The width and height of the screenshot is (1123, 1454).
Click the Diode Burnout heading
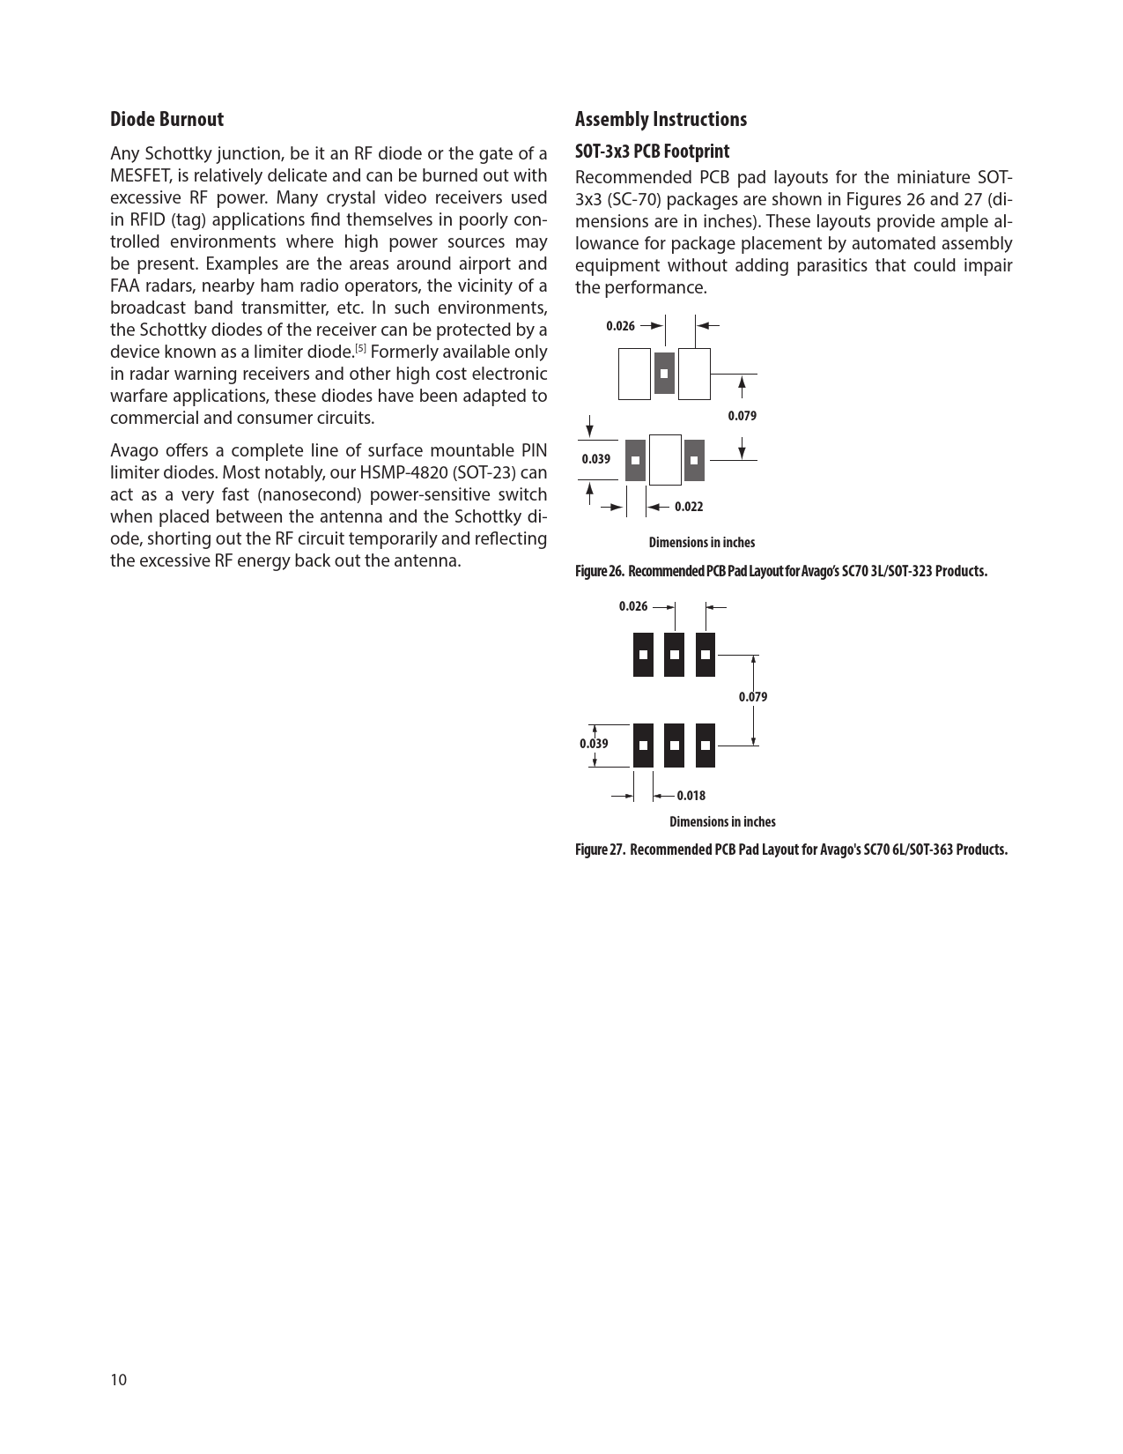166,119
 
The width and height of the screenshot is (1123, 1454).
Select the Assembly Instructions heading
661,119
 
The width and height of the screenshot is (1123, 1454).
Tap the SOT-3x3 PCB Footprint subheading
652,151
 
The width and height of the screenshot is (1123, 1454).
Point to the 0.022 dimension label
689,507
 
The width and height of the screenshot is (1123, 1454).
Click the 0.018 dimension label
691,796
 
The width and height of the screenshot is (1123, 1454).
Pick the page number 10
118,1380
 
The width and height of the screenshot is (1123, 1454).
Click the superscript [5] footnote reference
360,349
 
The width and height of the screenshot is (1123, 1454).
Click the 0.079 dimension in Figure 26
742,416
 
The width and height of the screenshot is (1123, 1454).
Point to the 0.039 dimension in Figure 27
594,744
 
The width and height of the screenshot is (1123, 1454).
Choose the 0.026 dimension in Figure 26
620,326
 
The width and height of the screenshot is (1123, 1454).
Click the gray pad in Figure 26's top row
664,373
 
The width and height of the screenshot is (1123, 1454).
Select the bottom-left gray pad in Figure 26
635,460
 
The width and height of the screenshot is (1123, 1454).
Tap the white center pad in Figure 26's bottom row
666,459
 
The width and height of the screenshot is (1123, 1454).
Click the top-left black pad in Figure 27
644,655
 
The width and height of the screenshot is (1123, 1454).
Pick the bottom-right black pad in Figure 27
706,746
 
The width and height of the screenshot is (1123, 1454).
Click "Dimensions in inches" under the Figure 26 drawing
701,543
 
